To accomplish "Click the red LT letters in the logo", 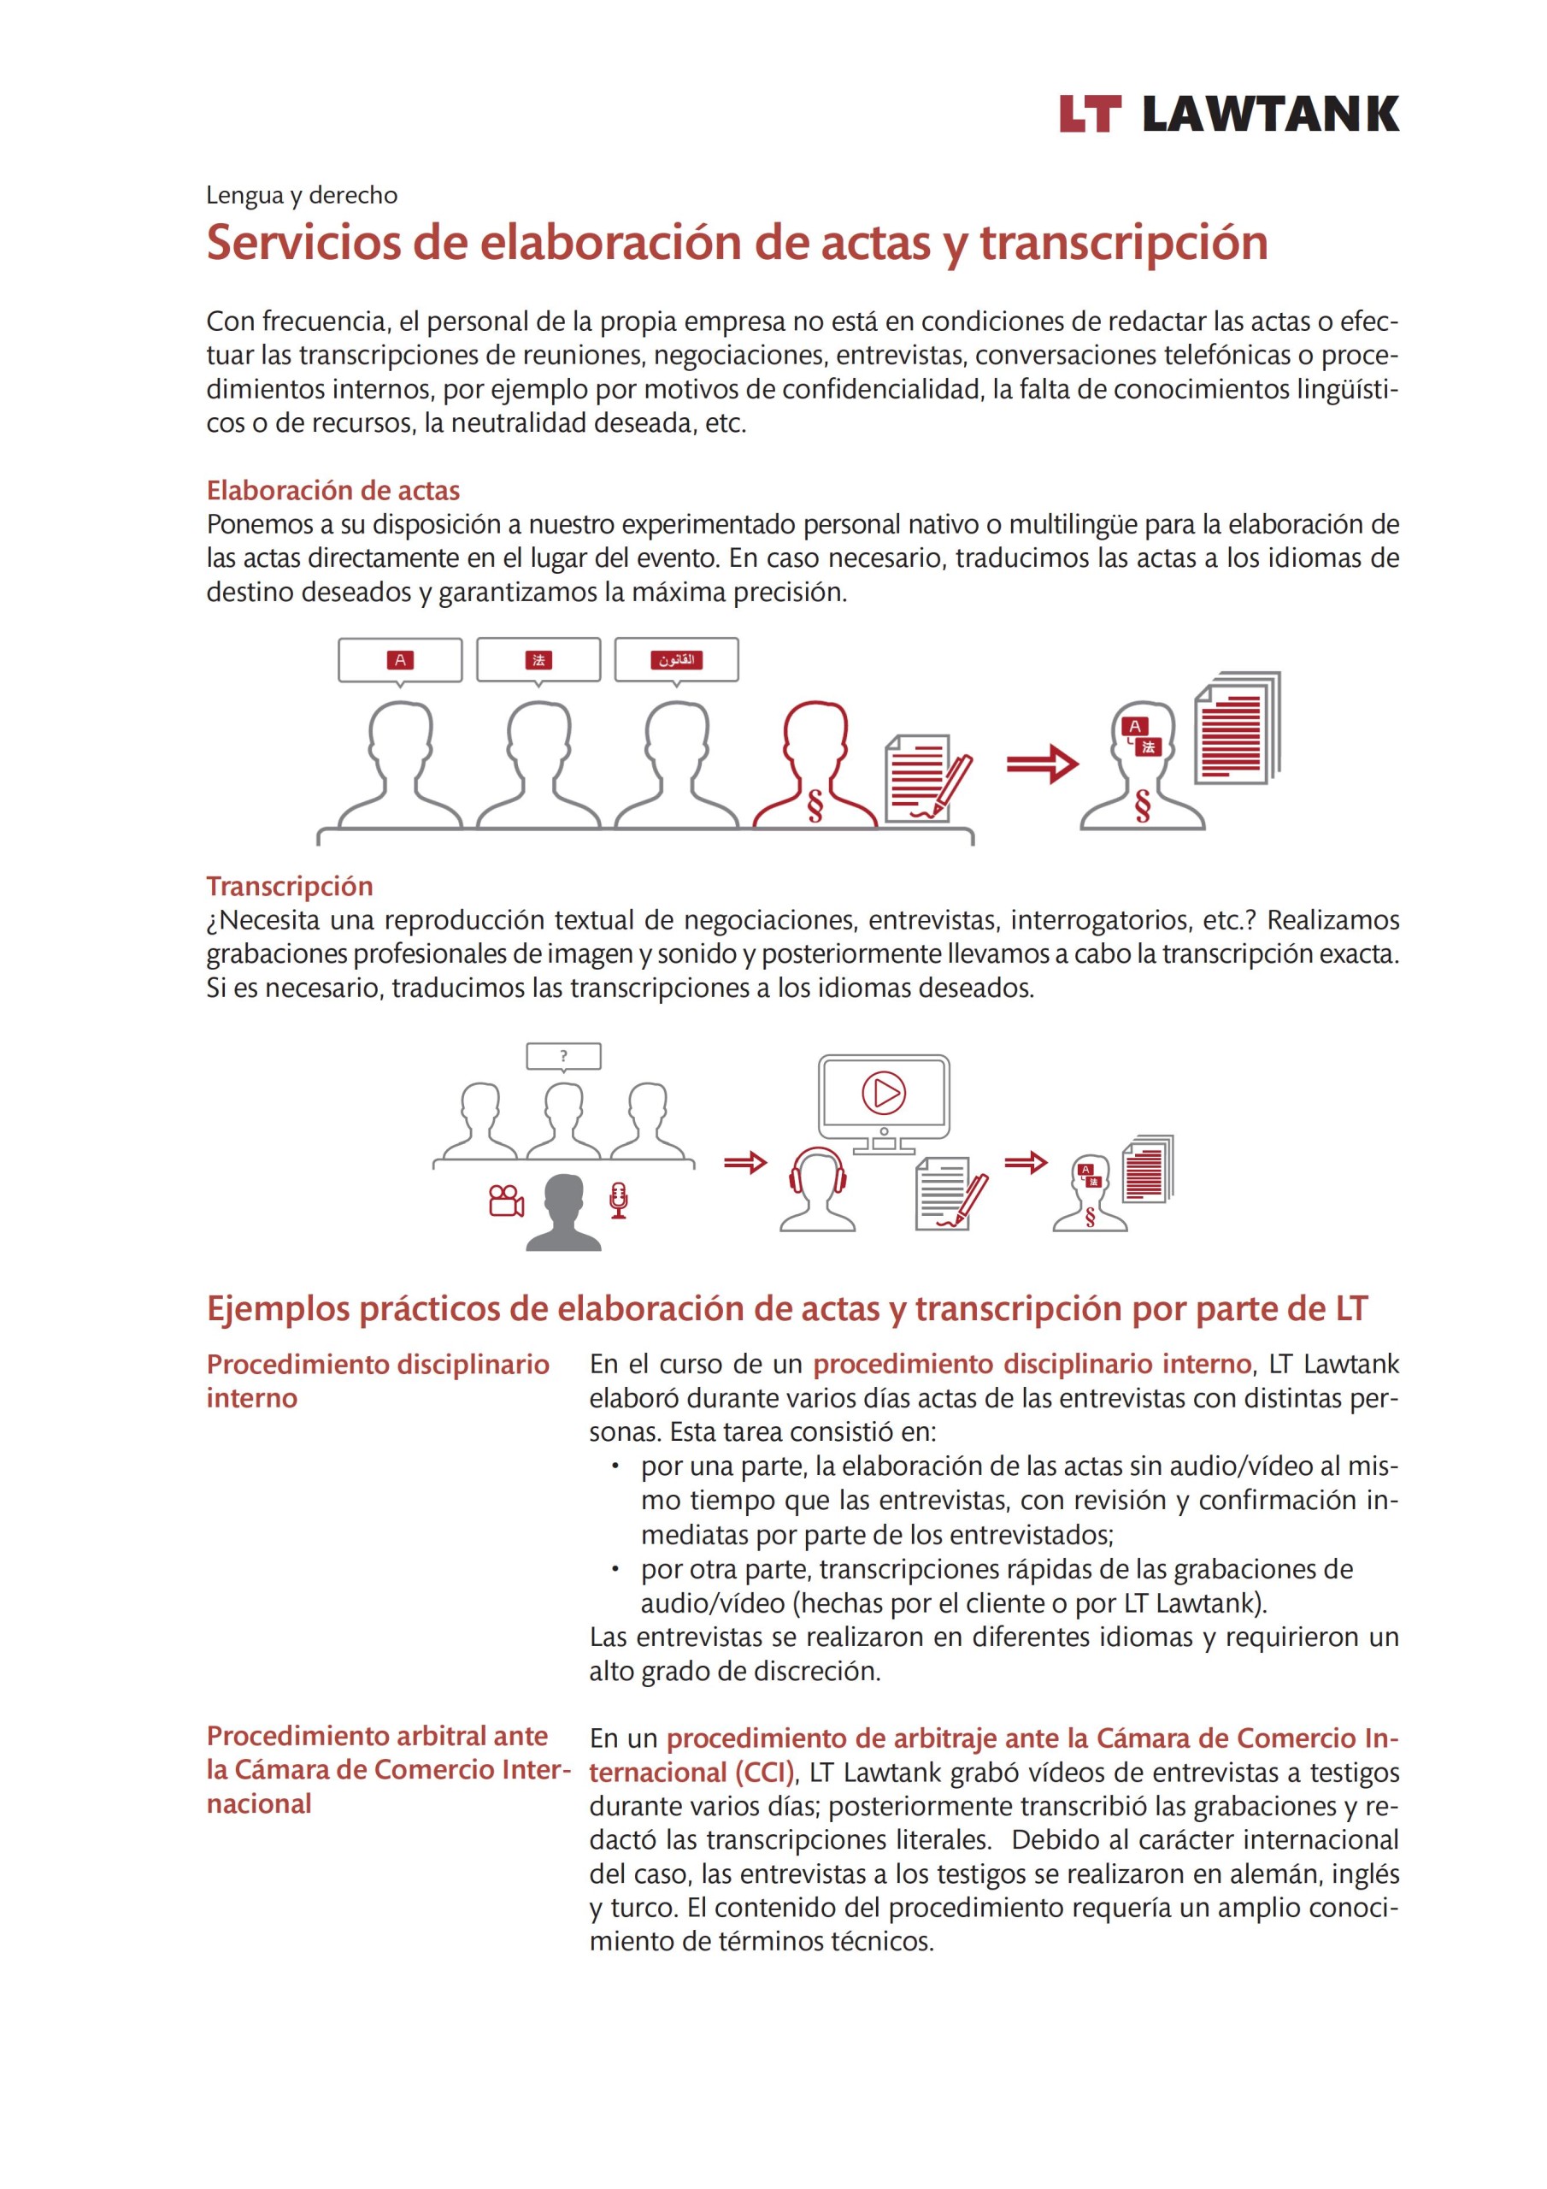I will [1089, 114].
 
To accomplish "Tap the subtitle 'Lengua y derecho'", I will [301, 196].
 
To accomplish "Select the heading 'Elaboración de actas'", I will [332, 490].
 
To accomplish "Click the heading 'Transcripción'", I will [289, 886].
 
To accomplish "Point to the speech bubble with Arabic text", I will [676, 660].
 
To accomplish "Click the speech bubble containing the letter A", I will [399, 660].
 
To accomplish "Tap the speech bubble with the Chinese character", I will [538, 660].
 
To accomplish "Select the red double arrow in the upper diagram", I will [1042, 763].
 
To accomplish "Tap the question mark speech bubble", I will [563, 1056].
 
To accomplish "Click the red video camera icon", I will [505, 1201].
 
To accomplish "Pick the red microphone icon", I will [619, 1200].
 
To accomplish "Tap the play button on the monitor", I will [884, 1093].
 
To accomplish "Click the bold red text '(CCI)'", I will [764, 1773].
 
